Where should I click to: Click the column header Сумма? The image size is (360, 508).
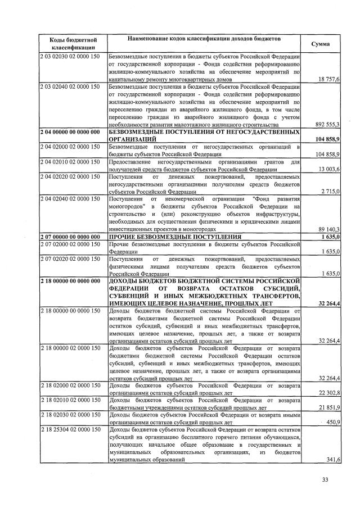pyautogui.click(x=321, y=44)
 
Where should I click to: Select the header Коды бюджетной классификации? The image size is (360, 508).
pyautogui.click(x=70, y=44)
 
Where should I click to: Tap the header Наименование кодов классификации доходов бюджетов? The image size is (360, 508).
pyautogui.click(x=204, y=38)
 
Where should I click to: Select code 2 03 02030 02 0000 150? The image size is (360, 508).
pyautogui.click(x=70, y=57)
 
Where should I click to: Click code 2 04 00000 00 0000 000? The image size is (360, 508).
pyautogui.click(x=70, y=131)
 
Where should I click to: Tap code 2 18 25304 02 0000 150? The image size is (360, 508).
pyautogui.click(x=70, y=430)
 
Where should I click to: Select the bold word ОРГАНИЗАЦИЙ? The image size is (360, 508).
pyautogui.click(x=132, y=138)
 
